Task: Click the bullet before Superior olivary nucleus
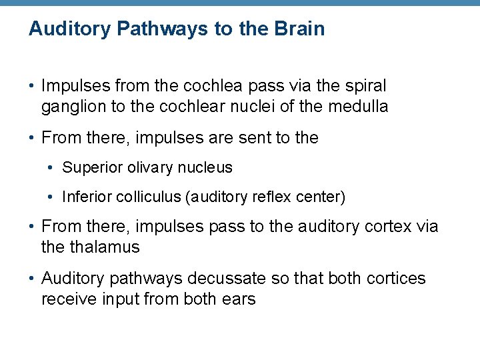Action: coord(51,168)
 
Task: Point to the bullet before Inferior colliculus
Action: coord(51,197)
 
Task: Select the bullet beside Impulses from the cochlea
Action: coord(31,87)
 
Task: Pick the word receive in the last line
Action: coord(67,299)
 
